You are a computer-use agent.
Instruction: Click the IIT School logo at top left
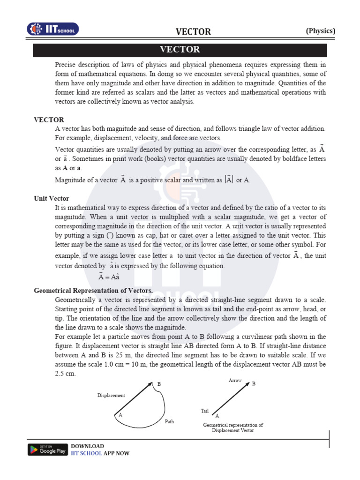click(52, 29)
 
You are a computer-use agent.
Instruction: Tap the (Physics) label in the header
click(321, 31)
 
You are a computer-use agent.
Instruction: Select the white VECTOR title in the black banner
click(180, 49)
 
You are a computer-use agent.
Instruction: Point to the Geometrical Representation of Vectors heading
click(94, 291)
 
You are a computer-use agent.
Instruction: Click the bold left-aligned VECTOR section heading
click(49, 120)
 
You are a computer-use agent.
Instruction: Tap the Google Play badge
click(47, 449)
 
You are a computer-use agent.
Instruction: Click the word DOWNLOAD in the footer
click(87, 446)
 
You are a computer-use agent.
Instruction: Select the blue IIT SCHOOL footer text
click(86, 453)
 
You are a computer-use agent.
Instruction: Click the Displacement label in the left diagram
click(111, 395)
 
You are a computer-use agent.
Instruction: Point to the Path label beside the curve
click(169, 421)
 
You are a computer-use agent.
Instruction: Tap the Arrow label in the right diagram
click(235, 380)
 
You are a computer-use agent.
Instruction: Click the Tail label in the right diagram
click(204, 411)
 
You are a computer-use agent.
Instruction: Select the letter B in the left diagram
click(159, 384)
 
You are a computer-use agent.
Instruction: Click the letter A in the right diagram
click(217, 416)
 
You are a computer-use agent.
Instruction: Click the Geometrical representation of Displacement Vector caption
click(232, 427)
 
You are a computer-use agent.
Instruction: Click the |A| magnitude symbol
click(229, 180)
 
